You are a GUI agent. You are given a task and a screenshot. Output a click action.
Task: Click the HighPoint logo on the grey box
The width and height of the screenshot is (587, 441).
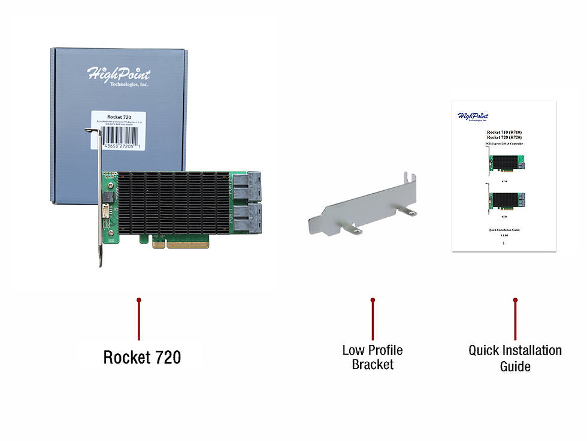[119, 76]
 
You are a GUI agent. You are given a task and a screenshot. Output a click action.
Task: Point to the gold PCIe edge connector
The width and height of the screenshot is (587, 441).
[180, 244]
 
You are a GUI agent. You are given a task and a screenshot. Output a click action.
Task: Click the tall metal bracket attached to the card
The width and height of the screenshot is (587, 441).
[98, 198]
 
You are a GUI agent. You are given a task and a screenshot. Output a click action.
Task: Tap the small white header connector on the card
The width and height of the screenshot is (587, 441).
[106, 211]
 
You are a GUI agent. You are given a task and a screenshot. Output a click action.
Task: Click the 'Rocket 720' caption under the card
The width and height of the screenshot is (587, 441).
[142, 358]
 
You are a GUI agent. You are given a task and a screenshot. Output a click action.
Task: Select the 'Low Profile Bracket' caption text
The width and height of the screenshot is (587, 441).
[373, 357]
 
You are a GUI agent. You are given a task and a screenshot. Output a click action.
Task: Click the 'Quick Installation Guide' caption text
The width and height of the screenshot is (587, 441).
[515, 358]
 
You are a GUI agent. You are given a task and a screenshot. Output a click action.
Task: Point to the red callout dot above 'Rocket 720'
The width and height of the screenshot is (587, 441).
[138, 300]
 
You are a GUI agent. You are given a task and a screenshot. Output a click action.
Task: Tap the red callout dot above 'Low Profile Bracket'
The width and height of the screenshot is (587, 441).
[373, 300]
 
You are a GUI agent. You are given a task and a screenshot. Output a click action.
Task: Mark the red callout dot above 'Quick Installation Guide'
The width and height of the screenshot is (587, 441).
[515, 300]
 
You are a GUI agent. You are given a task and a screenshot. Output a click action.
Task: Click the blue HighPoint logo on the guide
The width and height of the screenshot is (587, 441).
[473, 116]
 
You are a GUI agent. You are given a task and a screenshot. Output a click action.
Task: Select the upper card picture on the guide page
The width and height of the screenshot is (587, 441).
[505, 163]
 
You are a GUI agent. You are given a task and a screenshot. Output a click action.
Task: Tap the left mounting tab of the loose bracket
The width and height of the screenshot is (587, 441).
[355, 230]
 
